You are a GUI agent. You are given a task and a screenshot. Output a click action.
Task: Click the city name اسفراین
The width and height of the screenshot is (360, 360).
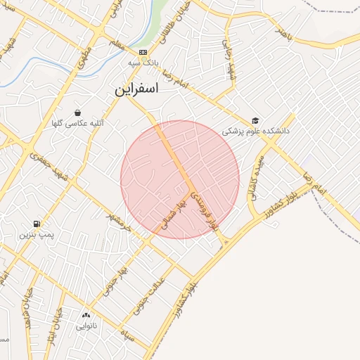click(137, 89)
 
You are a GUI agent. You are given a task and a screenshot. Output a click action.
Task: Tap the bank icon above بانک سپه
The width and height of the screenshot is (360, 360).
click(143, 52)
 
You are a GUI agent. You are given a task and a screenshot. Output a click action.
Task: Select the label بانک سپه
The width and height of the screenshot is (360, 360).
click(143, 63)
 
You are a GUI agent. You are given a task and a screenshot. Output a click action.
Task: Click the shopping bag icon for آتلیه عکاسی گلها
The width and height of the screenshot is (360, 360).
click(77, 112)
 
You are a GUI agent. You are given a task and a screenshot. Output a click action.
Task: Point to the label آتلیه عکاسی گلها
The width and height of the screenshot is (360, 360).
click(77, 124)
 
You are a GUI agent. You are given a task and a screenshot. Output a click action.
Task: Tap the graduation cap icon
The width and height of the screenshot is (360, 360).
click(255, 120)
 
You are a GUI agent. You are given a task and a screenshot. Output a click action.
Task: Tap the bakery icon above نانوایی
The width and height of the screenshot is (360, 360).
click(86, 316)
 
